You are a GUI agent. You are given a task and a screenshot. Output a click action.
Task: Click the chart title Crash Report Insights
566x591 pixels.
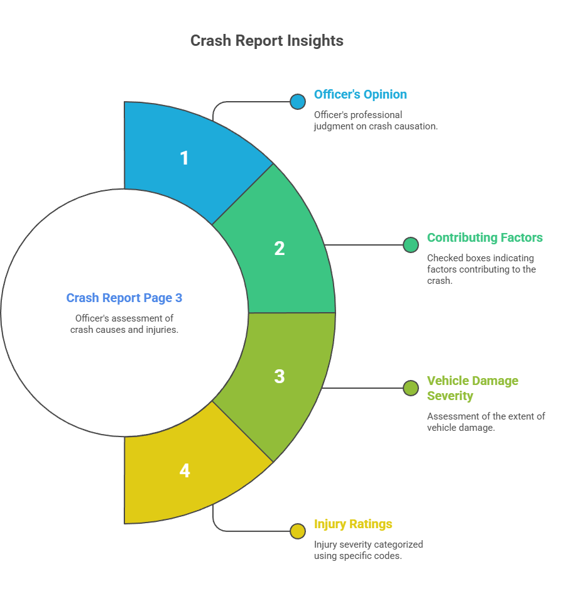(x=266, y=41)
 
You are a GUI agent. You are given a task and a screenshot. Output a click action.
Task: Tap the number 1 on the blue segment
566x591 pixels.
(x=184, y=158)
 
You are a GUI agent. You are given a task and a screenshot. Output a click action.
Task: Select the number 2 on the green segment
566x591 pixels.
(x=280, y=248)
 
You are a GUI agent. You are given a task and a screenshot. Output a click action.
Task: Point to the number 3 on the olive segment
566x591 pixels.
(x=280, y=376)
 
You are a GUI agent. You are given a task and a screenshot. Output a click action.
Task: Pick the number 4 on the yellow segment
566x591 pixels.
(x=184, y=470)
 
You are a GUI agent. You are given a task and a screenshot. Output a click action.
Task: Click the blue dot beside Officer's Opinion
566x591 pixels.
(x=298, y=102)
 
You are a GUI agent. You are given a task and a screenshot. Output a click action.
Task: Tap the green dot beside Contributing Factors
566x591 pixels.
(x=411, y=245)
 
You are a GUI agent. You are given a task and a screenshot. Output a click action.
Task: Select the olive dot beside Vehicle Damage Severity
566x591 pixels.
(x=411, y=388)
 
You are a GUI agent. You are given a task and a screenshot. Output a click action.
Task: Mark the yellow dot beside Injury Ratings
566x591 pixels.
(x=298, y=531)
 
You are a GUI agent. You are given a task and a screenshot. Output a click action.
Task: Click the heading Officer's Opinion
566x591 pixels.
(x=360, y=95)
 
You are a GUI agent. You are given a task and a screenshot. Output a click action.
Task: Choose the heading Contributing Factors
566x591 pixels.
(x=484, y=238)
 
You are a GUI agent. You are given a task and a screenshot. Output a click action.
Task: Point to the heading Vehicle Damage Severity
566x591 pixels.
(x=472, y=388)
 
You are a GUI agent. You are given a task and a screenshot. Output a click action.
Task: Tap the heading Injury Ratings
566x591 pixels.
(x=353, y=524)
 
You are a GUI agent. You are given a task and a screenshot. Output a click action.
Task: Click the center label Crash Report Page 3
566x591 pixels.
(x=124, y=298)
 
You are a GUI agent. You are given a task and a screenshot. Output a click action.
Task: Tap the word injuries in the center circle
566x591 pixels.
(x=162, y=330)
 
